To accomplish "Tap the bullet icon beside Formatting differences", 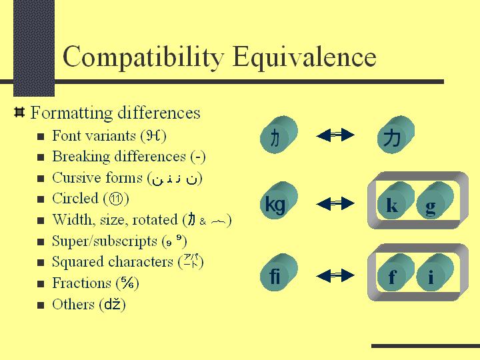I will coord(19,111).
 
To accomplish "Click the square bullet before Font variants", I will coord(41,137).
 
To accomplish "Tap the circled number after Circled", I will coord(117,199).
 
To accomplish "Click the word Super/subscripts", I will coord(104,241).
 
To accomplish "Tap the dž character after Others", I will coord(113,305).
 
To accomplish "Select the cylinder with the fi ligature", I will coord(275,276).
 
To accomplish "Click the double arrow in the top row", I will coord(335,136).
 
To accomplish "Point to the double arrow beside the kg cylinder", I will coord(335,203).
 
